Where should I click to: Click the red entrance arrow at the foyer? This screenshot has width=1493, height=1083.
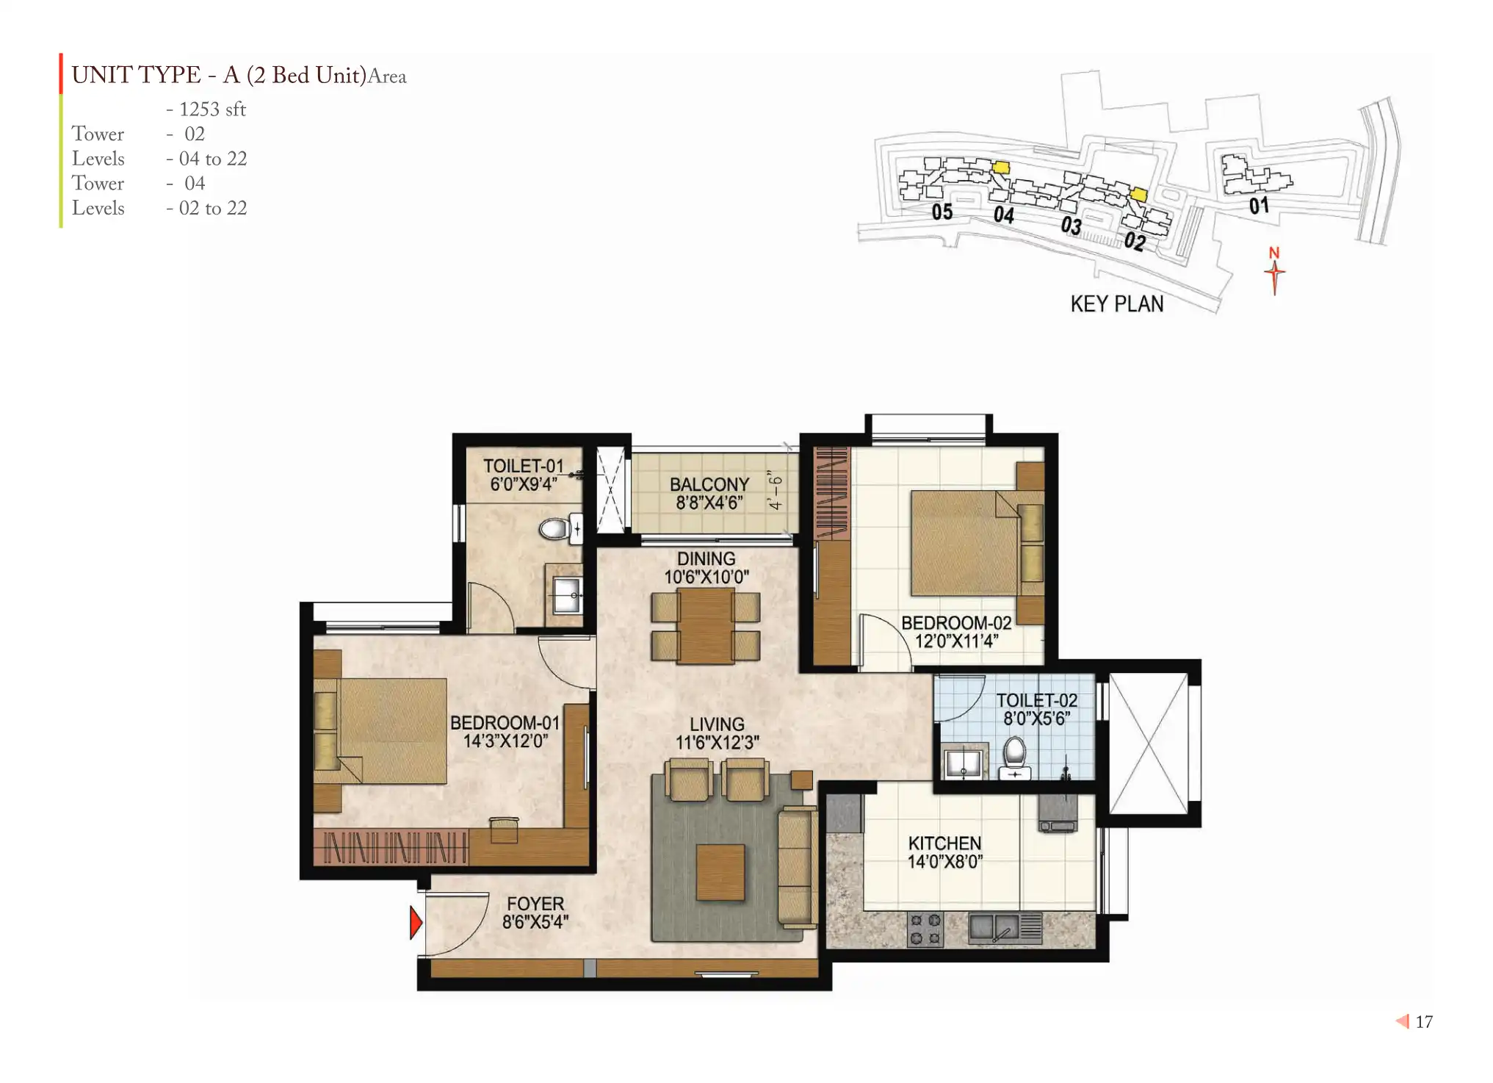pos(416,923)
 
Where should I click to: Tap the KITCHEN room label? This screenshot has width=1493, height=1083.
pos(944,843)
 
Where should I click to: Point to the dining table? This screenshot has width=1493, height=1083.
pos(706,627)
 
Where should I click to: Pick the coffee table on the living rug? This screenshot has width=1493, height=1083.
pos(720,872)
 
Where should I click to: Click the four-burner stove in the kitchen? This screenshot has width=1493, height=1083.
pos(925,929)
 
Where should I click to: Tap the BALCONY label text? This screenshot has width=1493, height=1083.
pos(709,485)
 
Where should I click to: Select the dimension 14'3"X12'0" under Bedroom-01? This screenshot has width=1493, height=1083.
pos(505,741)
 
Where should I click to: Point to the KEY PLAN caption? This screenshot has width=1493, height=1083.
pos(1117,304)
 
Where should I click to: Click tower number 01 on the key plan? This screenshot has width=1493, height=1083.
pos(1259,206)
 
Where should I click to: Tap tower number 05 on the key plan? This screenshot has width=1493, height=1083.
pos(942,212)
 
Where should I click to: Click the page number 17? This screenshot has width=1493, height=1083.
pos(1424,1022)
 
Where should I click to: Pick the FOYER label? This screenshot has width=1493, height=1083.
pos(535,904)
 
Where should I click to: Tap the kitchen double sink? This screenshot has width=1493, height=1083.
pos(994,928)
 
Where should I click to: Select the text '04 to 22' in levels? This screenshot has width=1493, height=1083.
pos(213,159)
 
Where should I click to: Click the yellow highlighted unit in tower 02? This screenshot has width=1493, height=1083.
pos(1138,194)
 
